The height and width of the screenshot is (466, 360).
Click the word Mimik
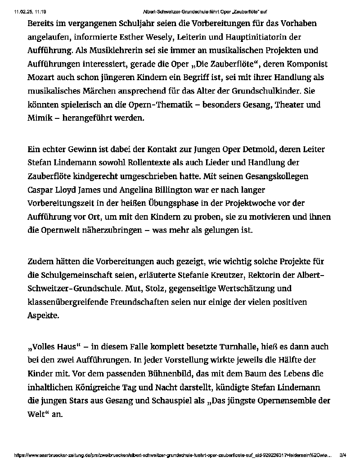point(39,118)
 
